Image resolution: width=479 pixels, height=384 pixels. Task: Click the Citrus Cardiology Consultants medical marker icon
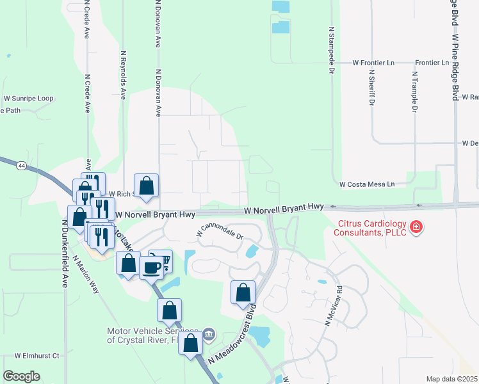click(x=416, y=227)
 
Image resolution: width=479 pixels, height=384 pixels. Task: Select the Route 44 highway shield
click(x=22, y=166)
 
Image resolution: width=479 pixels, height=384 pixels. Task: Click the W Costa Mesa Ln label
click(x=367, y=184)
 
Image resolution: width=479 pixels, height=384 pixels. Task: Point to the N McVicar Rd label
click(x=334, y=311)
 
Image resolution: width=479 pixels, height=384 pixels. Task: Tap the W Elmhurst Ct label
click(x=37, y=355)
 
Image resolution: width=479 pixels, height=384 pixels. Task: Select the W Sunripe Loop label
click(x=28, y=99)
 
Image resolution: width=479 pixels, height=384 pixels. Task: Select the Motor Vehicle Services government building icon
click(x=209, y=335)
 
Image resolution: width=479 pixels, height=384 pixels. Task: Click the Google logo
click(x=21, y=376)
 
